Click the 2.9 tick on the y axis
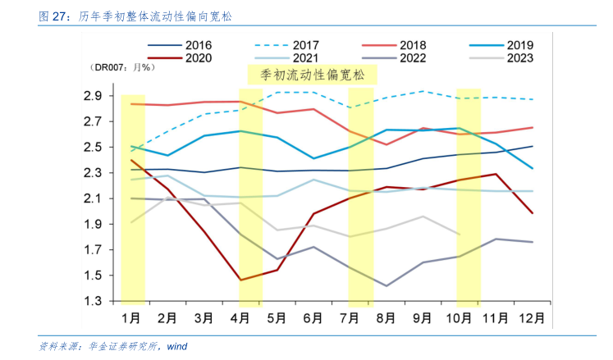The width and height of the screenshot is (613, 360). click(x=93, y=96)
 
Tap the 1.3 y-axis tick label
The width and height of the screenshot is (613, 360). click(x=93, y=302)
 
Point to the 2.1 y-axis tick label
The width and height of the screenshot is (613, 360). click(x=93, y=198)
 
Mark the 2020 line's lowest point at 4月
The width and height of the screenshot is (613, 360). click(x=240, y=280)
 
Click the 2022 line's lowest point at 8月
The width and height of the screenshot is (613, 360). click(x=387, y=285)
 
